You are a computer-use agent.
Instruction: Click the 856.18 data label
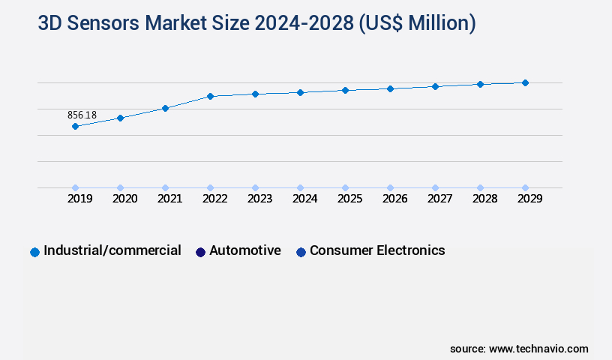point(82,115)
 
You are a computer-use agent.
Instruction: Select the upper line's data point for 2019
point(75,126)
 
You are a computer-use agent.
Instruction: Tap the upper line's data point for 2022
point(210,96)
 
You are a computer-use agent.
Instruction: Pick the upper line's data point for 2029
point(525,82)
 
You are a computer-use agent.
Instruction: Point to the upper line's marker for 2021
point(165,108)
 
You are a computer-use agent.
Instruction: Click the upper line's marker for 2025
point(345,90)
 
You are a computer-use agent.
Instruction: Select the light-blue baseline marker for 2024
point(300,187)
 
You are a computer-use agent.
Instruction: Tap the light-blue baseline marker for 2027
point(435,187)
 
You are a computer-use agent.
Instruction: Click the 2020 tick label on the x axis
point(124,199)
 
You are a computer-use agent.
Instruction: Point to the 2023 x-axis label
point(259,199)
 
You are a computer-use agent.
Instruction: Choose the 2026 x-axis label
point(394,199)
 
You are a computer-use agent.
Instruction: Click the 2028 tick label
point(484,199)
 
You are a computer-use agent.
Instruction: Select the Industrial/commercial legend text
point(112,250)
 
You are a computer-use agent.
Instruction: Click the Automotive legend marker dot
point(200,252)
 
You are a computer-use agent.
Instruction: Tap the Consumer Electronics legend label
point(377,250)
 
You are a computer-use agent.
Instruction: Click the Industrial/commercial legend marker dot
point(34,252)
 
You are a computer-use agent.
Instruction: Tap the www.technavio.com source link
point(538,349)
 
